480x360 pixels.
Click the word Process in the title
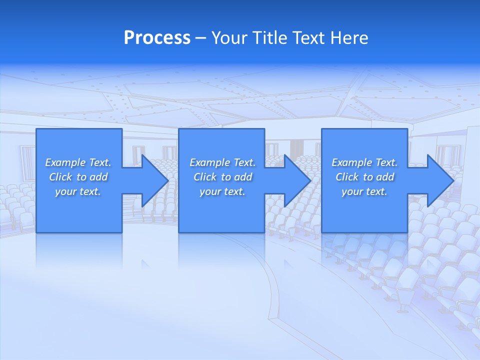point(157,38)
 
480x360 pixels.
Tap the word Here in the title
point(349,38)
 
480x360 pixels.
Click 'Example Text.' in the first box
point(78,162)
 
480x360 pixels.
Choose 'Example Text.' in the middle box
point(222,162)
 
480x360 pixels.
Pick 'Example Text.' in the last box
point(364,162)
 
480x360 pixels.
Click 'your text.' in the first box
point(78,191)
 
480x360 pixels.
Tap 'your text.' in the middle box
point(222,191)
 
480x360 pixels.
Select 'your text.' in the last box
point(364,191)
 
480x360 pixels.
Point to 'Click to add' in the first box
point(78,177)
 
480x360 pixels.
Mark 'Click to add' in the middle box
point(222,177)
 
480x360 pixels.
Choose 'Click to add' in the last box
point(364,177)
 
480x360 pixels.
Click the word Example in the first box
point(65,162)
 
